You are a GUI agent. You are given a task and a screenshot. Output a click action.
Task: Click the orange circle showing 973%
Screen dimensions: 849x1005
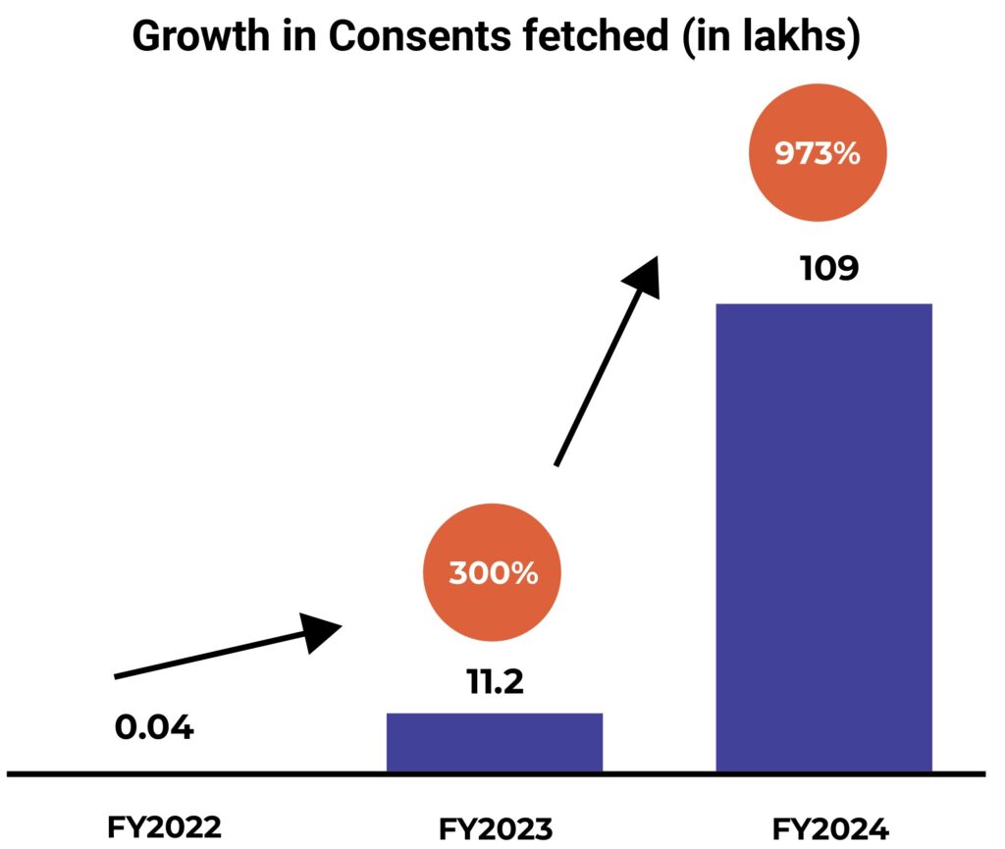point(818,155)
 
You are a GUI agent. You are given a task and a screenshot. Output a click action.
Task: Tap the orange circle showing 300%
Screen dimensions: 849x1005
point(493,573)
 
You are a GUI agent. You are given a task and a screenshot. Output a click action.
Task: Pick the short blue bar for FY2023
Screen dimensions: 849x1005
point(494,742)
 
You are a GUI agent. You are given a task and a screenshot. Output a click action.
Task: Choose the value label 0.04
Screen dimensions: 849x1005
point(154,728)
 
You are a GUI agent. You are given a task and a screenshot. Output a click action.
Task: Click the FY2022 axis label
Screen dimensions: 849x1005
point(164,827)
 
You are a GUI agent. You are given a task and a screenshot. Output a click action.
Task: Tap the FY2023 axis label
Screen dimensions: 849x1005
point(497,829)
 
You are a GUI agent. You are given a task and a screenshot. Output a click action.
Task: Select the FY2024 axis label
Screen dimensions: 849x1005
point(830,829)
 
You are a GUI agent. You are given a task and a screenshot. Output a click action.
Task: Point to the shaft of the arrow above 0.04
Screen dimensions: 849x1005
point(206,658)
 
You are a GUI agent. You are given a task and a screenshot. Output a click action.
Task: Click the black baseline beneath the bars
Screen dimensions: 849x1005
point(294,774)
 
